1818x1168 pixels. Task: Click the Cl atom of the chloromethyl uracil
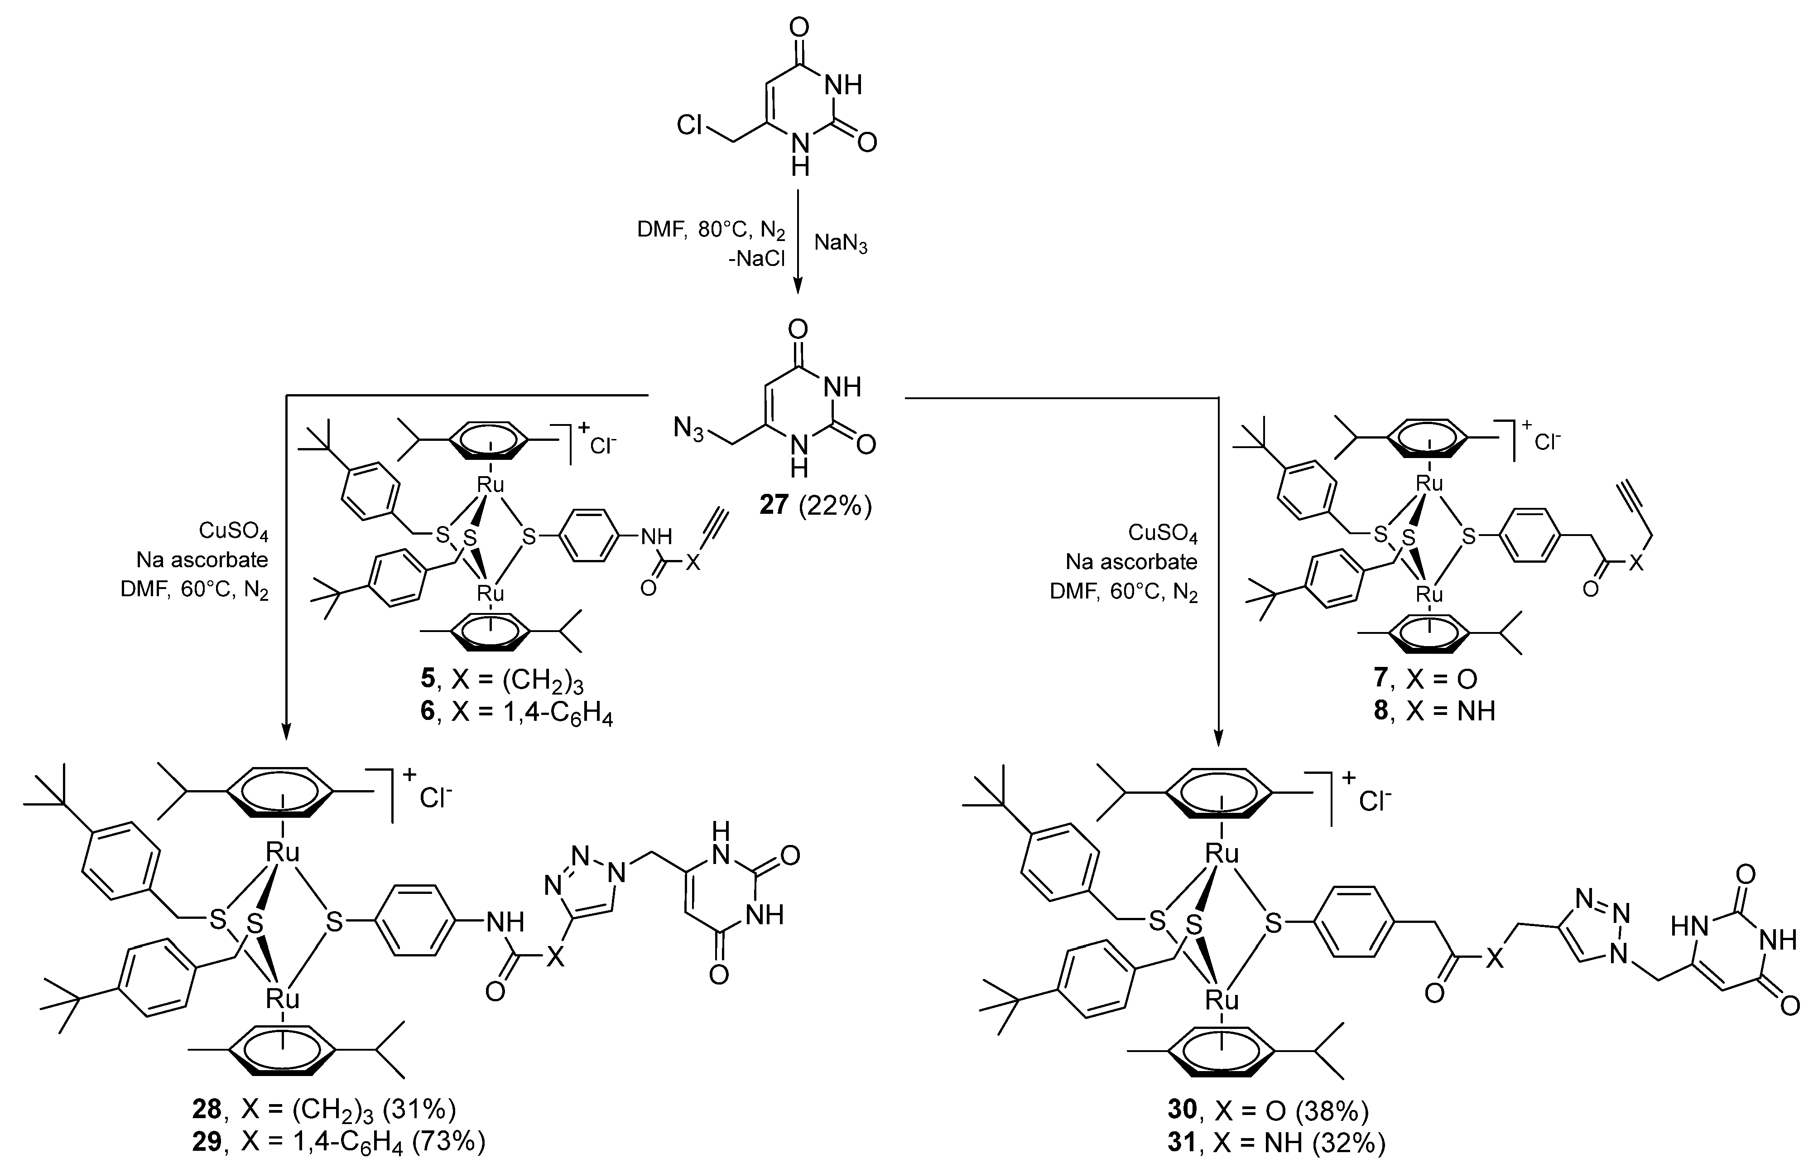click(690, 125)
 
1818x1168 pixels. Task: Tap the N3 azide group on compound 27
click(688, 431)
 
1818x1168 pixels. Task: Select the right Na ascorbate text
click(1131, 562)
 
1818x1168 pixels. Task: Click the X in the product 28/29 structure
click(556, 957)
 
